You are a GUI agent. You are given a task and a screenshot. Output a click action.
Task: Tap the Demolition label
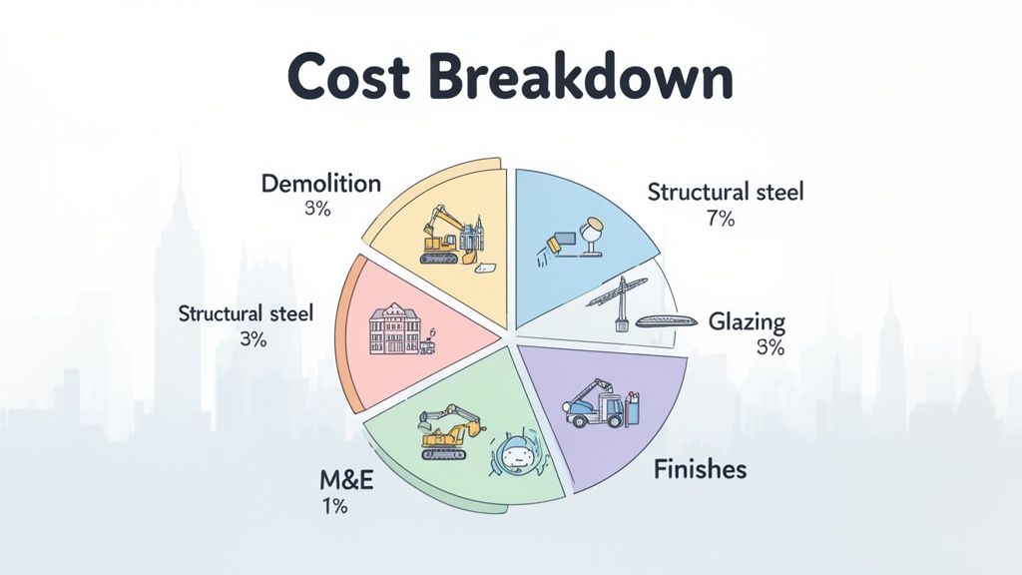tap(320, 184)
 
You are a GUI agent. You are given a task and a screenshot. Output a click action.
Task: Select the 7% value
tap(720, 220)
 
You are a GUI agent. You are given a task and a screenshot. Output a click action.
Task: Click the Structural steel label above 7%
tap(725, 193)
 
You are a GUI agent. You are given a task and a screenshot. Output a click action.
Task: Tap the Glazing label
tap(747, 322)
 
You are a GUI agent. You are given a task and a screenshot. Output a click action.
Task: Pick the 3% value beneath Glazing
tap(769, 348)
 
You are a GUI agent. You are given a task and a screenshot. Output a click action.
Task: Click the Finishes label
tap(700, 468)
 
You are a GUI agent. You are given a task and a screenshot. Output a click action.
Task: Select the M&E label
tap(345, 479)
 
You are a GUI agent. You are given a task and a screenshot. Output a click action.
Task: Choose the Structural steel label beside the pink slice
tap(246, 313)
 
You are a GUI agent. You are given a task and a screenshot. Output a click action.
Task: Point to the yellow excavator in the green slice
tap(448, 431)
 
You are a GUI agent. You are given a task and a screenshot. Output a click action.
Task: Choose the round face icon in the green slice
tap(514, 456)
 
